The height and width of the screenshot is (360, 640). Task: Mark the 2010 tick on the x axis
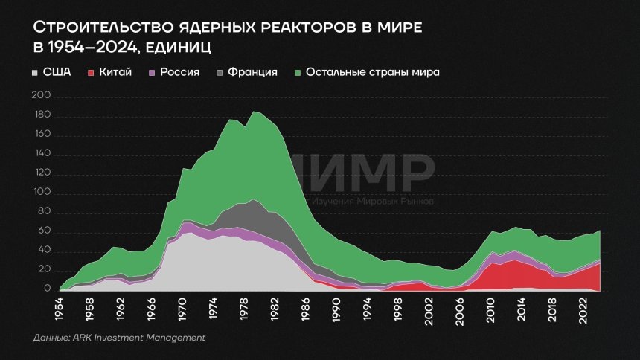click(x=490, y=309)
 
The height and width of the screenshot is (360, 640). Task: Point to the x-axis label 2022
click(x=583, y=309)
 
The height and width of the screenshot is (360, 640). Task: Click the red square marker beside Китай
click(x=91, y=72)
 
